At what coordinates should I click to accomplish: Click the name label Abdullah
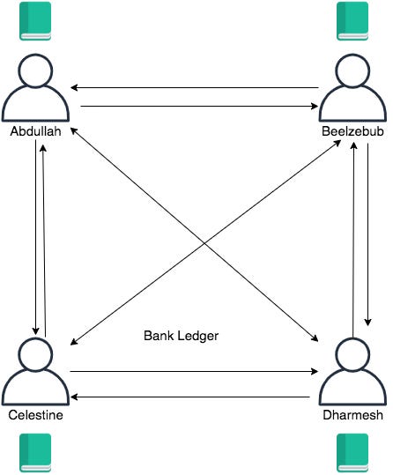coord(36,131)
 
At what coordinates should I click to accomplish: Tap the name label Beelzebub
coord(352,131)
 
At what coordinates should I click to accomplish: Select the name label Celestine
coord(36,415)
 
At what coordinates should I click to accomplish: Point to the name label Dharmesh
coord(353,415)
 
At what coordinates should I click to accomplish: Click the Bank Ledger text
coord(181,336)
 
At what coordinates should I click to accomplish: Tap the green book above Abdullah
coord(35,21)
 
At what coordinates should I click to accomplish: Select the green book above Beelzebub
coord(352,21)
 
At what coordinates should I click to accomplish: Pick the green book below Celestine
coord(35,453)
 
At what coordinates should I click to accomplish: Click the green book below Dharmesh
coord(352,453)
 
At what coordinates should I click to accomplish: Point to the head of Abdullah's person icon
coord(35,71)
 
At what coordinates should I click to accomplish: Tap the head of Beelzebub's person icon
coord(353,71)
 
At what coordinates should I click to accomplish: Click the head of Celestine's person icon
coord(35,354)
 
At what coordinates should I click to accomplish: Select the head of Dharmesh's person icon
coord(353,354)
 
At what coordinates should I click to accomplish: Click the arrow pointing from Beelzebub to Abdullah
coord(195,88)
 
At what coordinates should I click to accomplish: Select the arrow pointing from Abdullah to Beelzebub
coord(199,106)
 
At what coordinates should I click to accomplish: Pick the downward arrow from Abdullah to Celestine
coord(36,237)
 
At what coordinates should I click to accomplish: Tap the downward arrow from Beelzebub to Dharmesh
coord(367,234)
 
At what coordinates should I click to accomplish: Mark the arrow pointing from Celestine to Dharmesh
coord(194,371)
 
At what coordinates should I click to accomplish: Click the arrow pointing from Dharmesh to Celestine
coord(190,397)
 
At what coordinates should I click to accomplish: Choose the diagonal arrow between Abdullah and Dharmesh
coord(194,234)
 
